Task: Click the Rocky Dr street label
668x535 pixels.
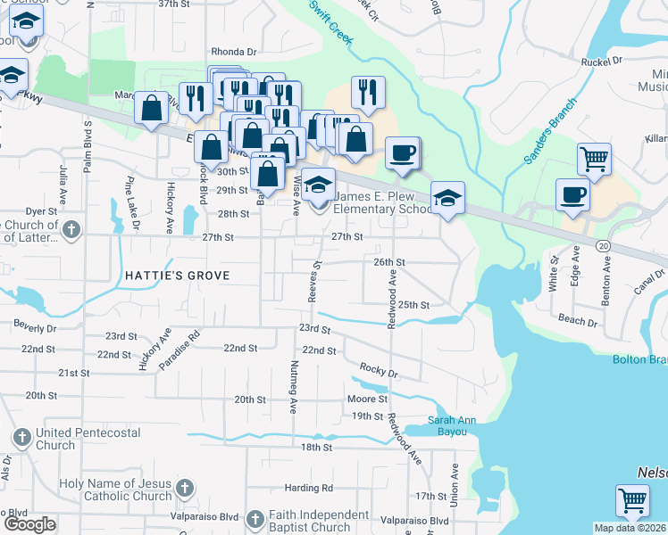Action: [x=378, y=368]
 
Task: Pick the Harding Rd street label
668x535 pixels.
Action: [x=309, y=488]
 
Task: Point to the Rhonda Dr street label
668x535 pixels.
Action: [x=233, y=52]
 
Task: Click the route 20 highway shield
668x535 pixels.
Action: [x=604, y=245]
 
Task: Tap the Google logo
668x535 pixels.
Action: [x=29, y=524]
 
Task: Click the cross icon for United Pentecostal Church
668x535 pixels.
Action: [x=22, y=438]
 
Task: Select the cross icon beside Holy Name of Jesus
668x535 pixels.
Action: [x=184, y=488]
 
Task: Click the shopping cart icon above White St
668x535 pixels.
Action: [x=594, y=159]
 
